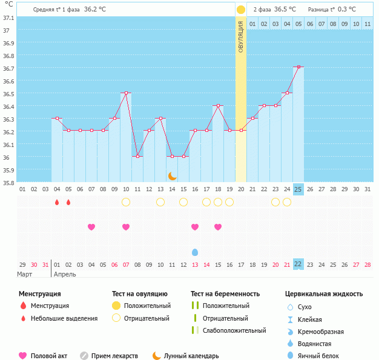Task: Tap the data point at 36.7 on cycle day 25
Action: [298, 67]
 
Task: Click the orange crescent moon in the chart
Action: [173, 175]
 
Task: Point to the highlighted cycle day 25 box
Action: [298, 189]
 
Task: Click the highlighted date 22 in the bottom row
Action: [298, 264]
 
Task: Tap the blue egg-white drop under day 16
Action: [195, 252]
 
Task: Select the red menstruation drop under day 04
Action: [57, 202]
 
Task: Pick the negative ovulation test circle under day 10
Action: [126, 202]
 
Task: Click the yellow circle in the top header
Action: [241, 10]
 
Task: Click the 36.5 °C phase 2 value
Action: [285, 10]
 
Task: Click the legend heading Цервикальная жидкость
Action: [324, 294]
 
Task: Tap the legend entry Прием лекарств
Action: [114, 356]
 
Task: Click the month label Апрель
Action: [65, 274]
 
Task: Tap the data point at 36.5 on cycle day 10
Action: [126, 93]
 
